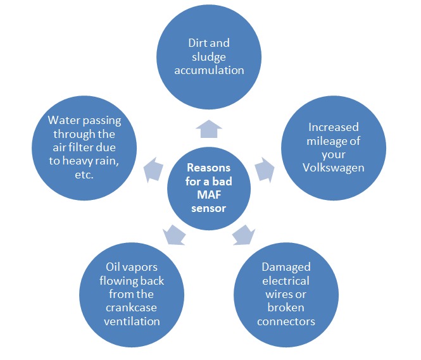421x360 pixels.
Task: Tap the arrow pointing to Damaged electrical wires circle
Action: point(242,235)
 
